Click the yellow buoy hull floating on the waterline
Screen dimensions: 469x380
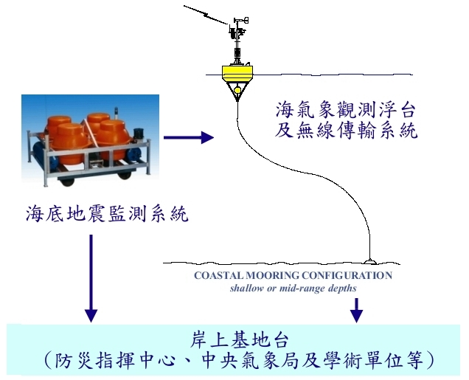237,73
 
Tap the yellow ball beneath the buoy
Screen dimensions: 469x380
237,90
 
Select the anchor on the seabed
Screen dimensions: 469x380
370,261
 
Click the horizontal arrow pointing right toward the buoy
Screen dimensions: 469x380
189,137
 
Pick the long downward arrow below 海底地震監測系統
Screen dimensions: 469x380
91,278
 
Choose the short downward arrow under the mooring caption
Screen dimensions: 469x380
356,311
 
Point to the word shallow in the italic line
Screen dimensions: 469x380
243,289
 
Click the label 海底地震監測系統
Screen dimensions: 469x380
107,214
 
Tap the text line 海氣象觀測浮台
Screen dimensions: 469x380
345,110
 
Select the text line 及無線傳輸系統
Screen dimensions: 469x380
346,131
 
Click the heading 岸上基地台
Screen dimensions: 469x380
239,340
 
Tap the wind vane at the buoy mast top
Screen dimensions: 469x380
241,20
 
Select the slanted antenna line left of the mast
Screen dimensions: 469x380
206,15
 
